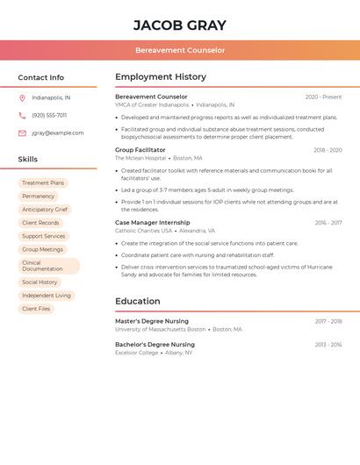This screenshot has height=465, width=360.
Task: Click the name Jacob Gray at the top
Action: tap(180, 25)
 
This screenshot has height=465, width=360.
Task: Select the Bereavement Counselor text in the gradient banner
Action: tap(180, 51)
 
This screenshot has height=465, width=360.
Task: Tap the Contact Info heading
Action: tap(40, 78)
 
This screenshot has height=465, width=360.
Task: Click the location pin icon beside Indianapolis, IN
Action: tap(22, 98)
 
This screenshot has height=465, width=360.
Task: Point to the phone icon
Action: tap(22, 116)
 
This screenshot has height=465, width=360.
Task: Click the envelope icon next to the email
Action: tap(22, 133)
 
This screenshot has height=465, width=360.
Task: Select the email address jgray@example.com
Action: tap(58, 133)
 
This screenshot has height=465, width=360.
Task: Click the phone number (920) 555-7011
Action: tap(49, 116)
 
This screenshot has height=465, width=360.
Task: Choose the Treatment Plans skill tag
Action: tap(43, 183)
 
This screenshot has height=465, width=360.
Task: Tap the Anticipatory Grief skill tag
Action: tap(45, 210)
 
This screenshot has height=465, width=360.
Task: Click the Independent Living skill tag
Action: tap(47, 296)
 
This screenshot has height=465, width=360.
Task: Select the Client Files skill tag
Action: tap(36, 309)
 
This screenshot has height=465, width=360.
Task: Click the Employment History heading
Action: tap(161, 77)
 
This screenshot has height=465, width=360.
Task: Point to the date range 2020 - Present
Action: tap(323, 97)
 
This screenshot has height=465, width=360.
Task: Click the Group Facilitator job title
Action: tap(140, 150)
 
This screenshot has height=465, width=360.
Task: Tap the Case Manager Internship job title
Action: tap(152, 223)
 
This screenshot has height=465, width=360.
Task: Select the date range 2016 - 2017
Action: tap(328, 223)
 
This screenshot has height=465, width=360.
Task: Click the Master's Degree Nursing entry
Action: tap(152, 321)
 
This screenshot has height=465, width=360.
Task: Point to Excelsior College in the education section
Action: tap(137, 353)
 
